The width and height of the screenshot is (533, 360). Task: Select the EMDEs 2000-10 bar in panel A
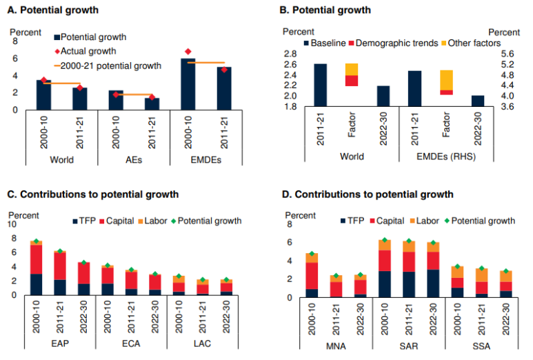[188, 84]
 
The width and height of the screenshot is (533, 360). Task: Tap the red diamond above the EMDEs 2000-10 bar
[188, 52]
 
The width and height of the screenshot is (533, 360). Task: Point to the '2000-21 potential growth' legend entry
[111, 66]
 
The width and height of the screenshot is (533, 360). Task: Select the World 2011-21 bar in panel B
[320, 86]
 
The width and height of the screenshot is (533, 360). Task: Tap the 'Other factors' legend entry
[472, 43]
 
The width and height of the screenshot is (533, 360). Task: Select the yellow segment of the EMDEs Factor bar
[446, 80]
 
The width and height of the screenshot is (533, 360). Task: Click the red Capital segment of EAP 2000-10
[37, 259]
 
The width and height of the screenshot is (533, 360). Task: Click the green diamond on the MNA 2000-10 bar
[312, 254]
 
